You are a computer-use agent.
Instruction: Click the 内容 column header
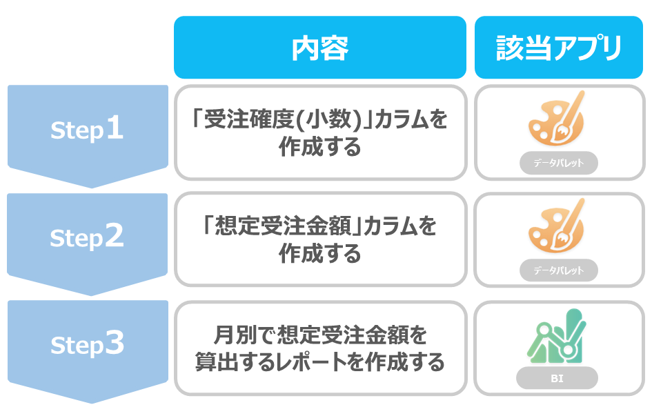(x=319, y=48)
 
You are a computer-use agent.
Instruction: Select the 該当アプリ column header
(x=559, y=48)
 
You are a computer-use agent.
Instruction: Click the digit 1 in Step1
(x=115, y=128)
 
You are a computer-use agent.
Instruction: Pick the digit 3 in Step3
(x=115, y=343)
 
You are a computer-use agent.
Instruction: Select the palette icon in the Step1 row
(x=556, y=118)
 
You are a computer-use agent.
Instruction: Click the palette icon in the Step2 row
(x=556, y=226)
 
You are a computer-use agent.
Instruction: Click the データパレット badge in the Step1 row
(x=559, y=163)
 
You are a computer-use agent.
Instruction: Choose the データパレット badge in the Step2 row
(x=559, y=270)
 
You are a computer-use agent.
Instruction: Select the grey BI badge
(x=557, y=378)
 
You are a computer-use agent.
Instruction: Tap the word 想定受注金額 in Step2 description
(x=281, y=226)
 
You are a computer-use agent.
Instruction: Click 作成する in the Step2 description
(x=319, y=253)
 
